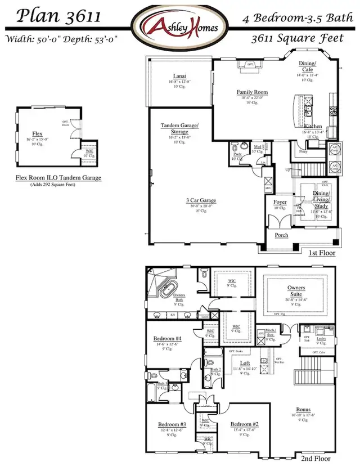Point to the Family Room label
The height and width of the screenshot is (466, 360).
click(x=251, y=92)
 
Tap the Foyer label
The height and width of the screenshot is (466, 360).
click(x=280, y=202)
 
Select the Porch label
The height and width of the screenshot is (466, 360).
click(x=281, y=235)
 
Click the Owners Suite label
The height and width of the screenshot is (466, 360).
click(x=292, y=290)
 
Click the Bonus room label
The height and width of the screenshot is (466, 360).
click(x=304, y=410)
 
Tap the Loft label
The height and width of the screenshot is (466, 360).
click(x=245, y=363)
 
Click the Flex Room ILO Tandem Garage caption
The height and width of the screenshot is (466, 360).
click(x=58, y=178)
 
